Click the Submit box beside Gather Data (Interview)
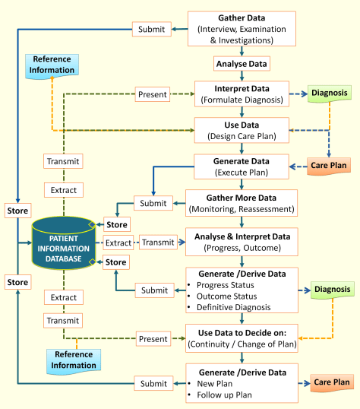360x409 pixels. pos(152,29)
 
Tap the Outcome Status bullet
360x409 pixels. pos(223,295)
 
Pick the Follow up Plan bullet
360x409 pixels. pos(224,394)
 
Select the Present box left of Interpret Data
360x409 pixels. pos(153,95)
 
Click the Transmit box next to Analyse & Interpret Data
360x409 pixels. pos(158,243)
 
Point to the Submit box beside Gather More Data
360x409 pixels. pos(152,203)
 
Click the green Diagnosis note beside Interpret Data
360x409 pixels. pos(332,94)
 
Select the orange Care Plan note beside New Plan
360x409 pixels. pos(332,382)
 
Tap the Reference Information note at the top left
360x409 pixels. pos(52,65)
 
